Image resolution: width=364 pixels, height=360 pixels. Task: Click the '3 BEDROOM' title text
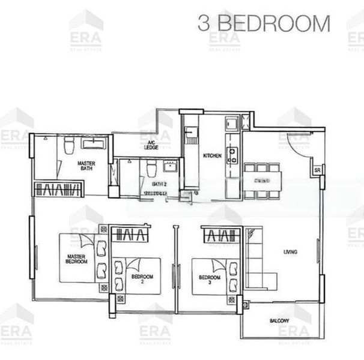pyautogui.click(x=264, y=24)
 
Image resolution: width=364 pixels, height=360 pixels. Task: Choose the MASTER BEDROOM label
pyautogui.click(x=77, y=260)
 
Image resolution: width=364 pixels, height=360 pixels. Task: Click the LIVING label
pyautogui.click(x=291, y=252)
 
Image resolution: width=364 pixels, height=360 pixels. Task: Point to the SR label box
pyautogui.click(x=317, y=171)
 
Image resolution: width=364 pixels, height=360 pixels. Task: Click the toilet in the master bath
pyautogui.click(x=68, y=145)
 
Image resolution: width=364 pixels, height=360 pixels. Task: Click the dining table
pyautogui.click(x=261, y=180)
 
